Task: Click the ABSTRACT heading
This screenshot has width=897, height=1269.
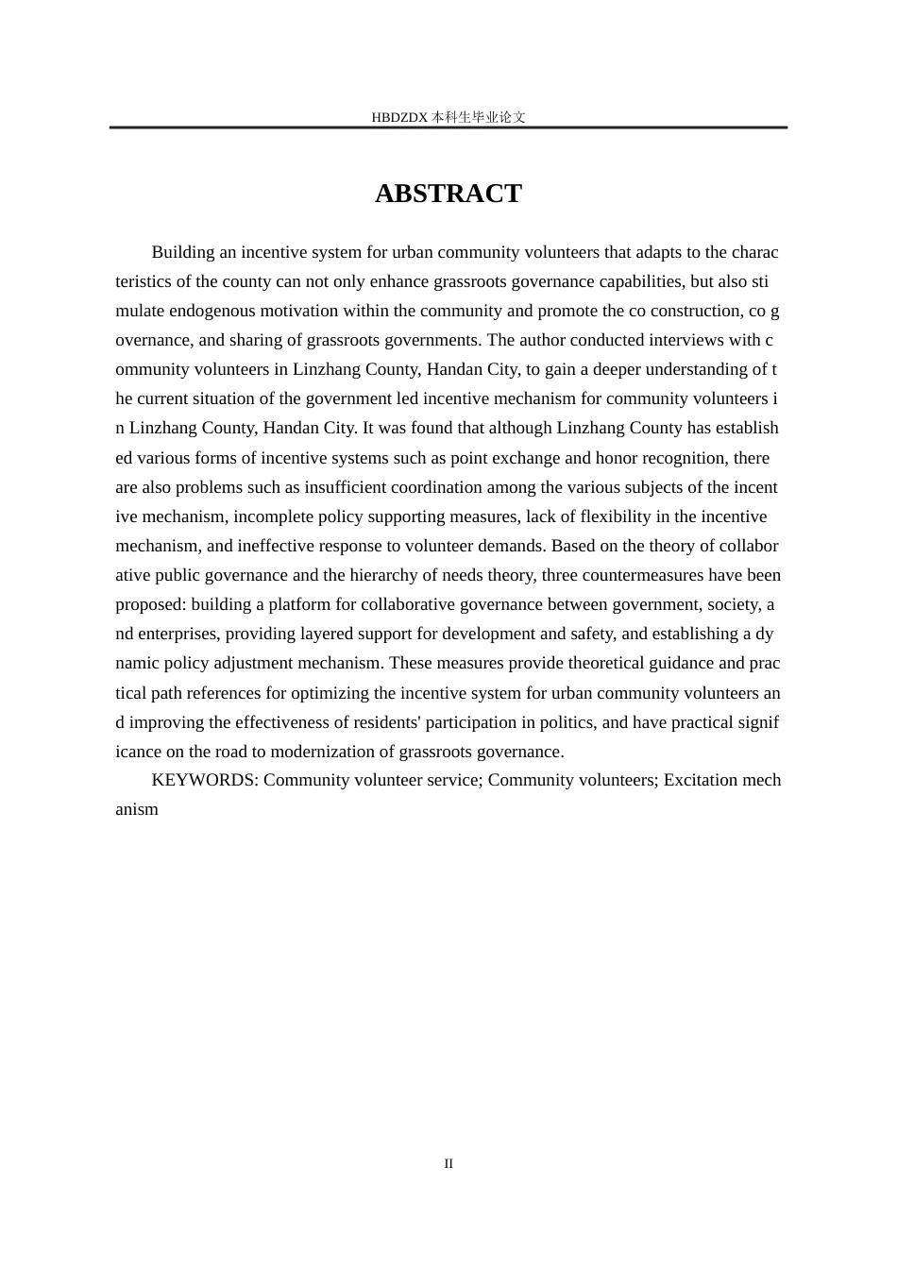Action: click(x=448, y=194)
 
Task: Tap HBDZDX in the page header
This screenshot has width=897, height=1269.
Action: click(x=400, y=118)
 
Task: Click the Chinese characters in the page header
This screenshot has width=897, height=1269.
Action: click(x=478, y=118)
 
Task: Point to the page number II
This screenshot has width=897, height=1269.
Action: click(x=448, y=1163)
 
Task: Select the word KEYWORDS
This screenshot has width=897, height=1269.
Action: click(x=204, y=780)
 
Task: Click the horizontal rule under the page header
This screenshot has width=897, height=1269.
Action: click(x=448, y=127)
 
